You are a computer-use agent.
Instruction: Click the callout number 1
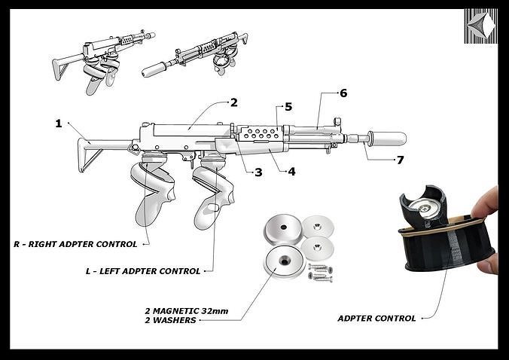tap(58, 124)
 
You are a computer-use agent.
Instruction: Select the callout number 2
tap(233, 102)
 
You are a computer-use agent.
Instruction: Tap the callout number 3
tap(258, 172)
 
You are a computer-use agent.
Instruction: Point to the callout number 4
tap(291, 172)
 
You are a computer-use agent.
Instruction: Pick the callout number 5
tap(288, 107)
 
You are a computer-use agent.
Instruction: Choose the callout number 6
tap(343, 93)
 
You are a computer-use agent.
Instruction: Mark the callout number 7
tap(400, 160)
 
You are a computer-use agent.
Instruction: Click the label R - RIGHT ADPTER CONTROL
tap(75, 244)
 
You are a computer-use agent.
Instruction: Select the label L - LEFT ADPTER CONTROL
tap(143, 270)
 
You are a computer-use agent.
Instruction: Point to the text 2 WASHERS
tap(170, 320)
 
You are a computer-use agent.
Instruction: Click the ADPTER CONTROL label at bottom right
tap(376, 318)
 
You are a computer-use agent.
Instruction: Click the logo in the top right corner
tap(480, 26)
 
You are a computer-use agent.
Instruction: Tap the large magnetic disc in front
tap(282, 261)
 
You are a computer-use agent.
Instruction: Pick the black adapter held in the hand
tap(444, 233)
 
